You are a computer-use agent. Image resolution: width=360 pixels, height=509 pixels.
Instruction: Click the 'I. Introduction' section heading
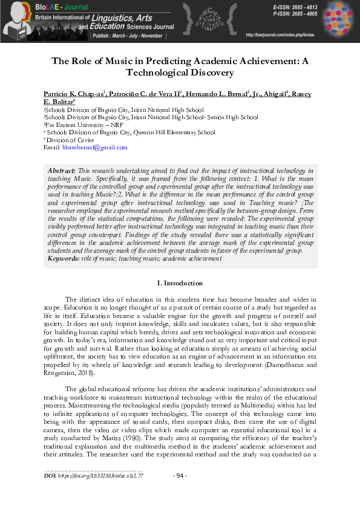tap(180, 283)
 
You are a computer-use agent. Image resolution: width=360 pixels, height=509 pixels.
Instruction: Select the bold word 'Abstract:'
tap(62, 172)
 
